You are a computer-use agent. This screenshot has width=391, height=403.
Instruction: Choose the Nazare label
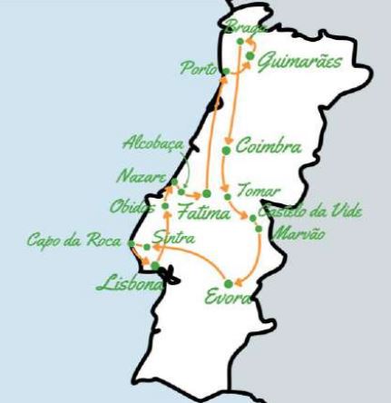(x=141, y=174)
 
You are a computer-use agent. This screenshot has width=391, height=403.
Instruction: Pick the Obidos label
(x=132, y=206)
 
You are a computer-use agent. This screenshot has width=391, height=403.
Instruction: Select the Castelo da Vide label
(x=309, y=211)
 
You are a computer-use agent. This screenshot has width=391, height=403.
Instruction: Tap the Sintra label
(x=171, y=238)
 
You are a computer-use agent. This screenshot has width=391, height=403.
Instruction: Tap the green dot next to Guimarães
(x=247, y=58)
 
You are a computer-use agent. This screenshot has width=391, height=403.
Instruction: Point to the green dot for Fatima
(x=206, y=193)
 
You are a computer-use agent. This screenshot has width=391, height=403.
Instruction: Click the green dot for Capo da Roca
(x=132, y=243)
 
